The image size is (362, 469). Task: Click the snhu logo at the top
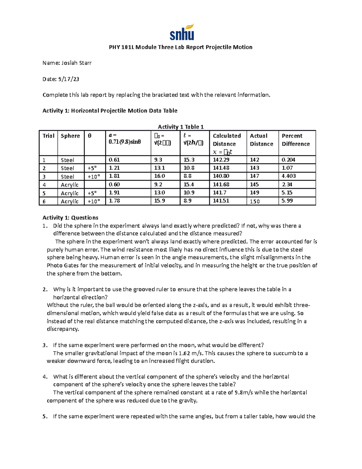(182, 32)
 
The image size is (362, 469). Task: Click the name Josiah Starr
(76, 63)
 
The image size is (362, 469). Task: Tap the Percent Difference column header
(296, 140)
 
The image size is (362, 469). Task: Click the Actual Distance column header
(261, 140)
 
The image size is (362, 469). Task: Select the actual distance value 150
(255, 201)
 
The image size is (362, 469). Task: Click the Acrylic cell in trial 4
(70, 185)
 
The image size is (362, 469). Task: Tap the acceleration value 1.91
(115, 193)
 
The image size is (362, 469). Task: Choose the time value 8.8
(187, 176)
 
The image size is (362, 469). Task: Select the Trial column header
(48, 136)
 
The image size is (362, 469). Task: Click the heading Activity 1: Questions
(70, 218)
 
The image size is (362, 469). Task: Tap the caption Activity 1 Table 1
(181, 127)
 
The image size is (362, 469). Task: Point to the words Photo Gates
(61, 265)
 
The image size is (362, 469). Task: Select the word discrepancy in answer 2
(63, 329)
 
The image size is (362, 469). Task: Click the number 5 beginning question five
(44, 416)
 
